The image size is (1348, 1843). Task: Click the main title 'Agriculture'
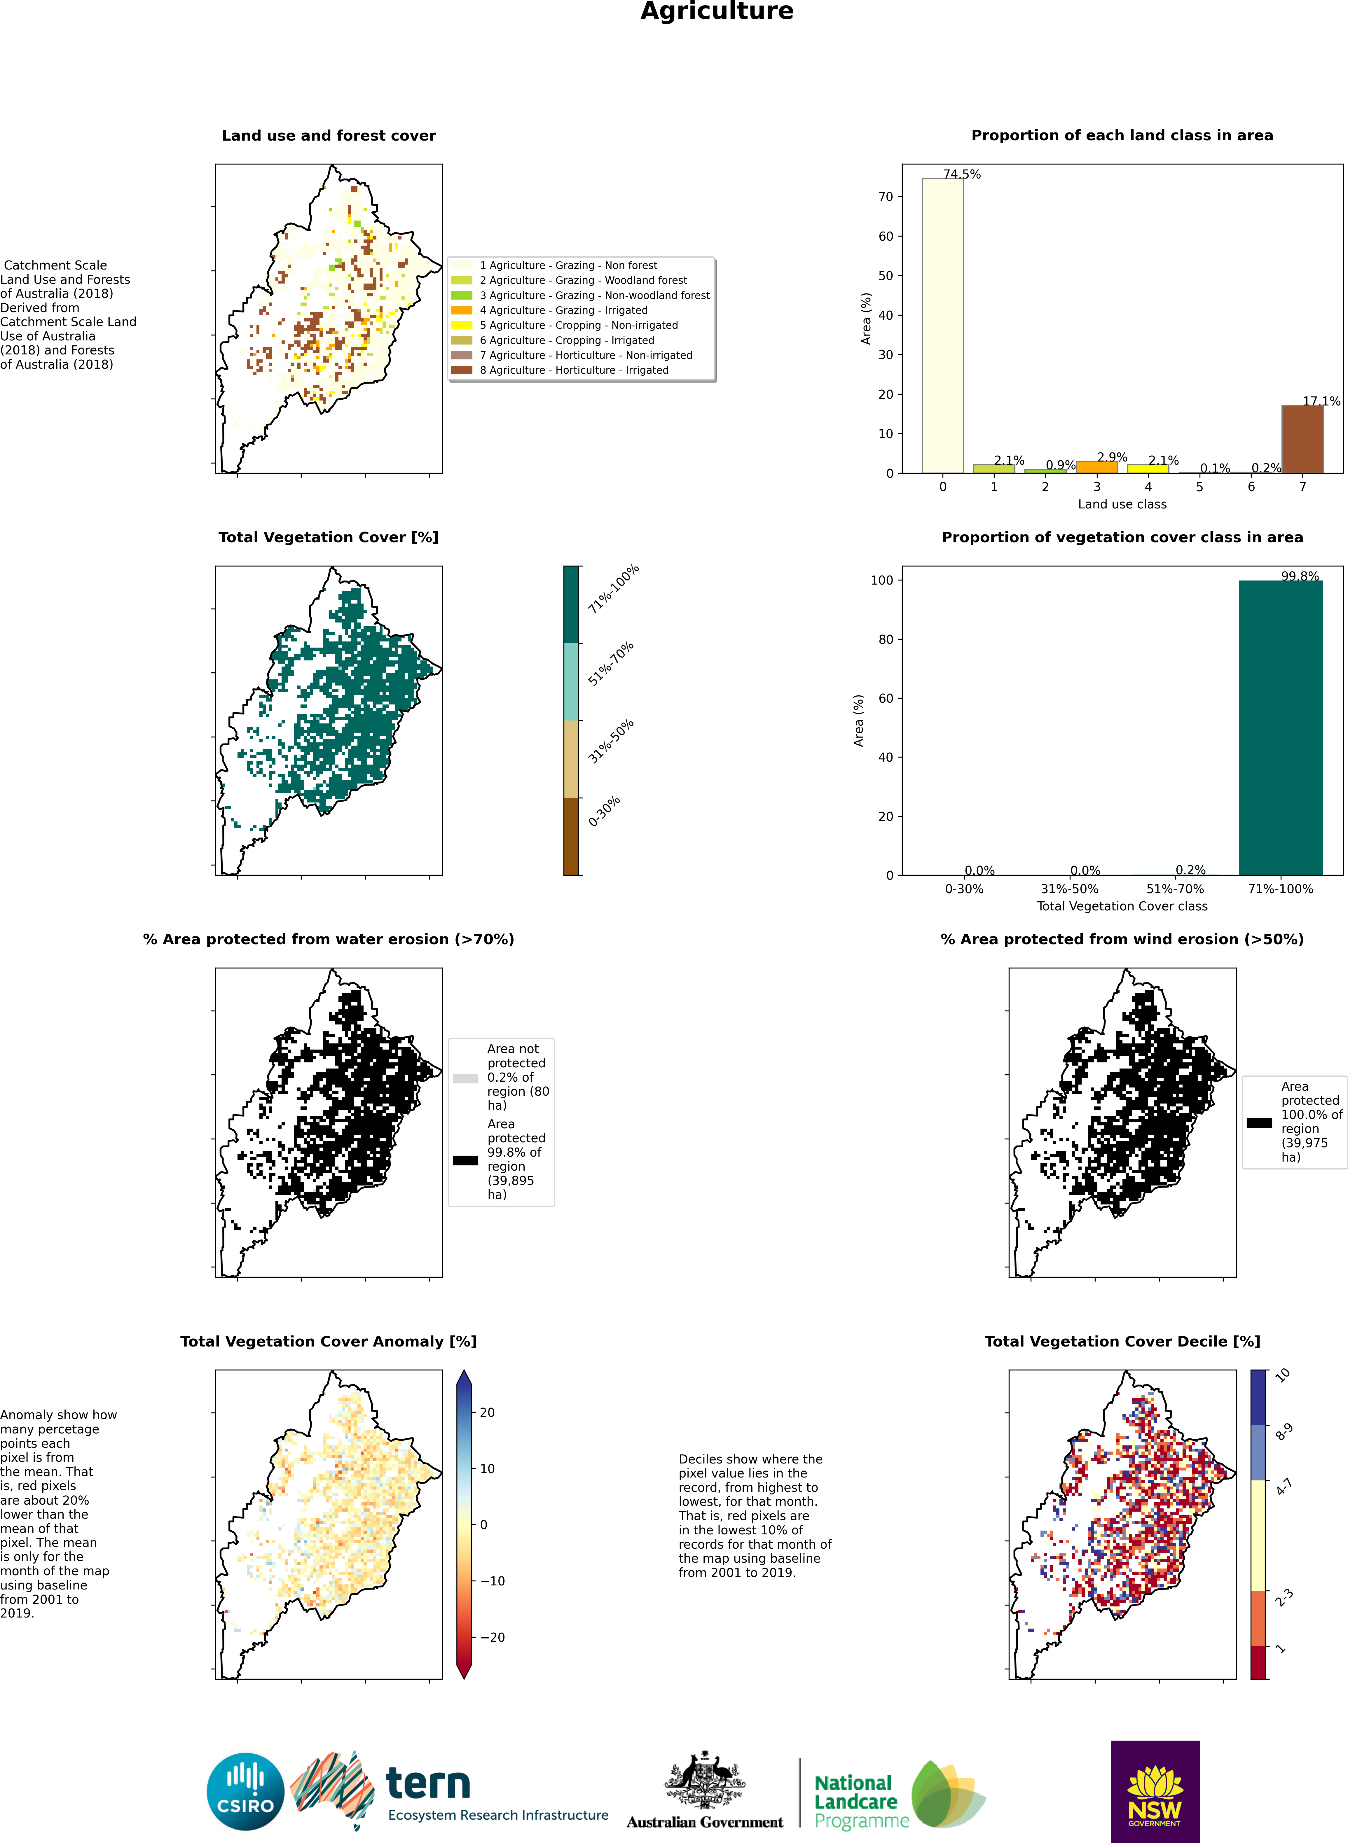716,11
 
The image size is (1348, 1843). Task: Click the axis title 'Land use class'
1122,504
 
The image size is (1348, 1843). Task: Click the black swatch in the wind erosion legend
1259,1122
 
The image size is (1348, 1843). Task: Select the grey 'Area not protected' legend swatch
465,1078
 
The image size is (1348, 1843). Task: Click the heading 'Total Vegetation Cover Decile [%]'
1122,1341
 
